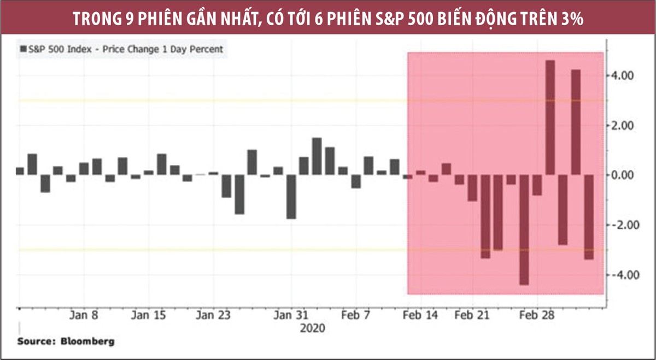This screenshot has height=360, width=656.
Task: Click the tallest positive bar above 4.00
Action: tap(550, 117)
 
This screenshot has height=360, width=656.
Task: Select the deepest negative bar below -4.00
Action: tap(524, 229)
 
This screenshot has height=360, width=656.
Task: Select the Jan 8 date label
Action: tap(84, 315)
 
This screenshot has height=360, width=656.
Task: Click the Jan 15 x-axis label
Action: tap(149, 315)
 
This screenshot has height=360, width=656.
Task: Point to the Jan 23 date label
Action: tap(213, 315)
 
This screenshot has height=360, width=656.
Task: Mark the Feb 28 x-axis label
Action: tap(537, 315)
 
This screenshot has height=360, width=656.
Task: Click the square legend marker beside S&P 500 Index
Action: tap(23, 49)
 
